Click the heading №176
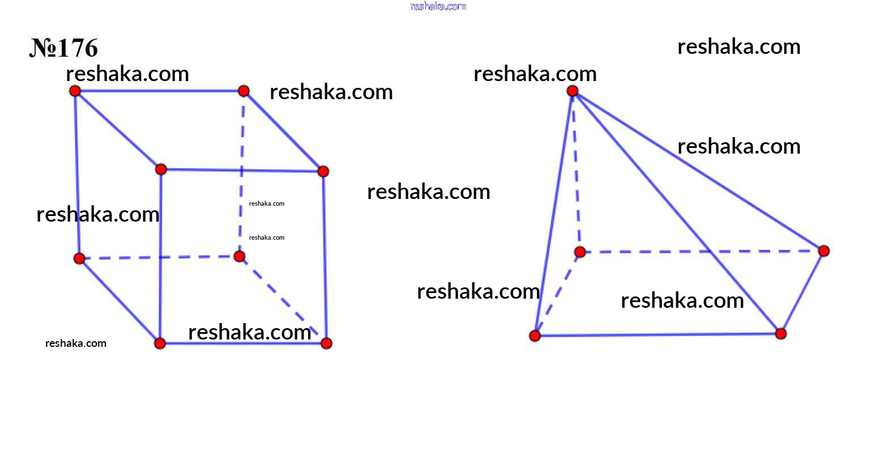tap(63, 48)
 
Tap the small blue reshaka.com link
tap(438, 6)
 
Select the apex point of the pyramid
tap(572, 91)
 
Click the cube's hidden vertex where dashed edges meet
tap(240, 257)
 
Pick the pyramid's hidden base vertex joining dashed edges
tap(580, 252)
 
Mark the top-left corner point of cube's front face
tap(161, 169)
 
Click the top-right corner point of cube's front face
tap(323, 171)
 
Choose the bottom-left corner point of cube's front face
tap(160, 343)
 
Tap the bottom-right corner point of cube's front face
tap(326, 343)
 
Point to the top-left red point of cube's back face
tap(75, 91)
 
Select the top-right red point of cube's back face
tap(244, 91)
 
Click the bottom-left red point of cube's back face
tap(79, 258)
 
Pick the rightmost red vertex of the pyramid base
tap(824, 251)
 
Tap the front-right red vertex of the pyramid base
tap(781, 334)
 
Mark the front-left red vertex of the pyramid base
tap(535, 336)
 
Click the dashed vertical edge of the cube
tap(242, 174)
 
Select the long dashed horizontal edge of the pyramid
tap(702, 252)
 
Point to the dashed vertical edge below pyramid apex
tap(576, 171)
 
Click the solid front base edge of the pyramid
tap(658, 335)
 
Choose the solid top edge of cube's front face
tap(242, 171)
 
